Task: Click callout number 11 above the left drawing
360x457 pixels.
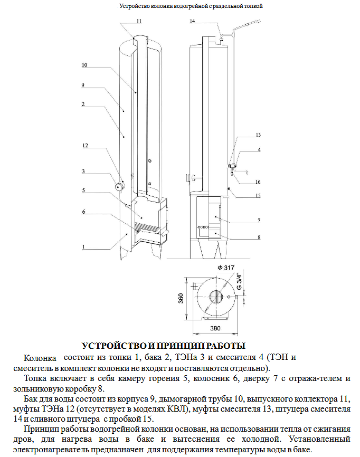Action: click(x=139, y=21)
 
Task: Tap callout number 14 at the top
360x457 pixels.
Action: click(x=192, y=21)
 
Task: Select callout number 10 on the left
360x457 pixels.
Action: click(x=84, y=65)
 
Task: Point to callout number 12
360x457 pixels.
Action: click(x=85, y=146)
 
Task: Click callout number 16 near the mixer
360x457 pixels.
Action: click(x=258, y=182)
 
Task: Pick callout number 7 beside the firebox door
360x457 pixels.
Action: click(x=259, y=221)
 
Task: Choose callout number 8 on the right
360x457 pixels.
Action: click(x=259, y=237)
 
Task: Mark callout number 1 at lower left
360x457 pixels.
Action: click(x=83, y=247)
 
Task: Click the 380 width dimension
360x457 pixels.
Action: click(x=215, y=328)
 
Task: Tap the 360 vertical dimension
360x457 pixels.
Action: click(x=181, y=298)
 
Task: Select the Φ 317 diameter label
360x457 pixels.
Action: click(x=226, y=268)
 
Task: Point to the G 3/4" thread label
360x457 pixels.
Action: click(x=239, y=281)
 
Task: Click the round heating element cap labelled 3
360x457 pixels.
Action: click(x=119, y=186)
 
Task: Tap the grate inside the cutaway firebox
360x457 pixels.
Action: click(x=147, y=226)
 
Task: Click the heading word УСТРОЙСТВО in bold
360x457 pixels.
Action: click(x=114, y=346)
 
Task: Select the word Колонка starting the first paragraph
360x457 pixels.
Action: click(x=40, y=358)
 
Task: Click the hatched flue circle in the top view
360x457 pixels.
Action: click(x=216, y=297)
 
